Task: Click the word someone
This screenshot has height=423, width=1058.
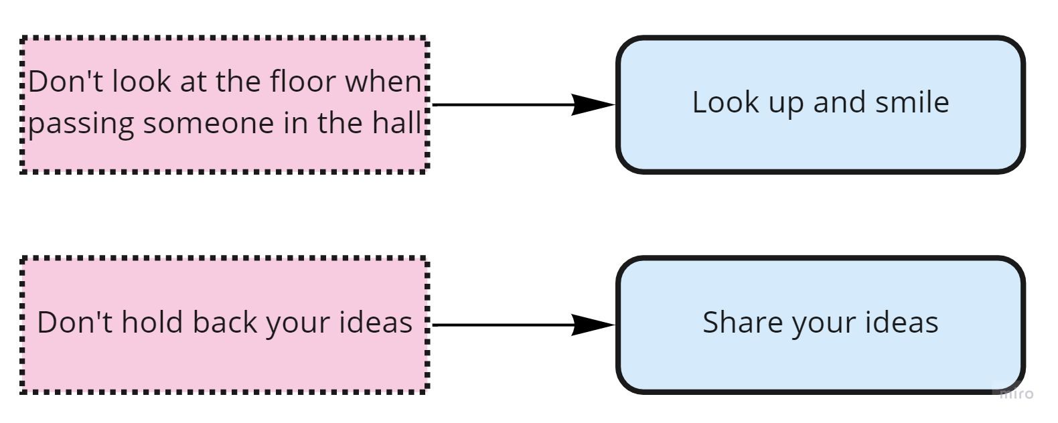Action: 208,124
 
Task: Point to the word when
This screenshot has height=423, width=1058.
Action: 383,81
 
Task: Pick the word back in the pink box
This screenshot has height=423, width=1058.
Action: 225,323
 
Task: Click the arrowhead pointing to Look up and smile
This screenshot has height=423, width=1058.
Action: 593,104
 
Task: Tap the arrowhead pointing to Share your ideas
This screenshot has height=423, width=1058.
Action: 593,325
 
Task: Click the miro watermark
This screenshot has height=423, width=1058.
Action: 1016,394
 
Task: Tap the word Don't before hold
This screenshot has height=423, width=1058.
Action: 75,323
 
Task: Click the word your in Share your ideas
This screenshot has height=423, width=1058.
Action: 824,325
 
